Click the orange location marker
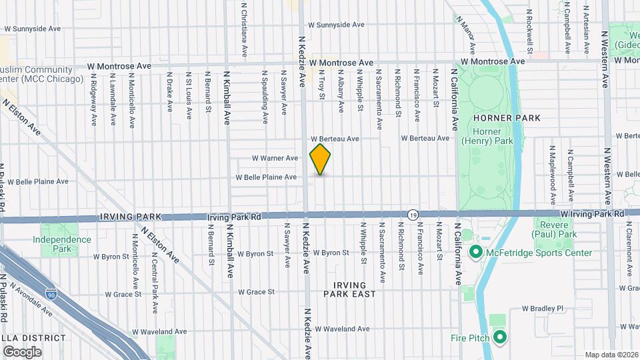320,159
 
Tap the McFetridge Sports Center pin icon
475,253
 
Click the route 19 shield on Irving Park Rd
413,215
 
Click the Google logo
22,351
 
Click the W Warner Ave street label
275,158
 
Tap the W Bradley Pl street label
543,309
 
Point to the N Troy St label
321,86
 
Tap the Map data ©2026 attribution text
612,354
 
